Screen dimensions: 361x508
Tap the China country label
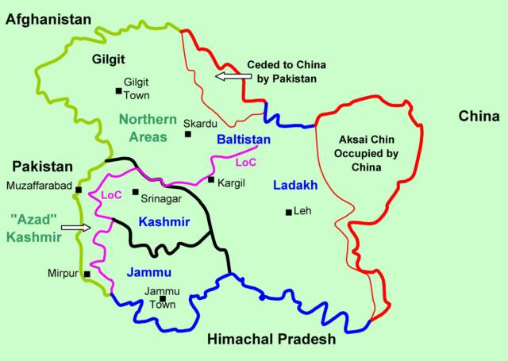tap(479, 117)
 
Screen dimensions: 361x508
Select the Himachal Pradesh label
tap(271, 340)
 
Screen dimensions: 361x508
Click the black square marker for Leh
tap(288, 212)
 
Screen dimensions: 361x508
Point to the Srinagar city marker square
tap(135, 192)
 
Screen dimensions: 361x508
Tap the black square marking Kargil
tap(211, 180)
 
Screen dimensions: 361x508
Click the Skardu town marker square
tap(188, 134)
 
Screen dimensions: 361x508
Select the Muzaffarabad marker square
tap(79, 190)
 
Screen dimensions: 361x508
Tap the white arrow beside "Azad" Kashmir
tap(76, 228)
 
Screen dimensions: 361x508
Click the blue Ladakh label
tap(295, 186)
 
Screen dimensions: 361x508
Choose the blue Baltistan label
tap(244, 140)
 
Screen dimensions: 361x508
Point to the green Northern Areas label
tap(148, 128)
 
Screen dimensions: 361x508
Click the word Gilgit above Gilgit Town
tap(85, 59)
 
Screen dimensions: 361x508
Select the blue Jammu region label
tap(148, 273)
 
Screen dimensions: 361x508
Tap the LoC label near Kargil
tap(246, 163)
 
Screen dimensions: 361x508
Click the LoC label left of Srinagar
tap(110, 194)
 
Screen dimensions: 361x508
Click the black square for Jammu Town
tap(162, 299)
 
